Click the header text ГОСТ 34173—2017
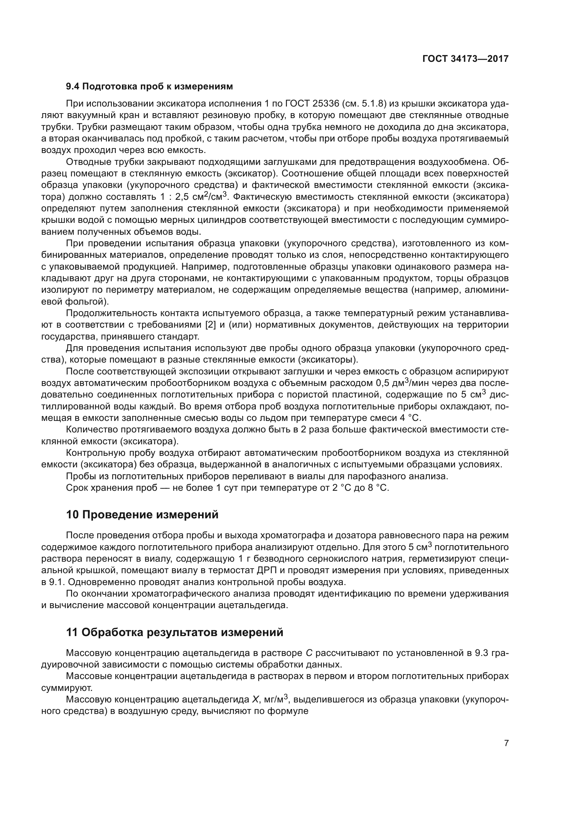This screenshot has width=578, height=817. [465, 59]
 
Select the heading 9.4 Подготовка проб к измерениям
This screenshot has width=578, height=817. [149, 87]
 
